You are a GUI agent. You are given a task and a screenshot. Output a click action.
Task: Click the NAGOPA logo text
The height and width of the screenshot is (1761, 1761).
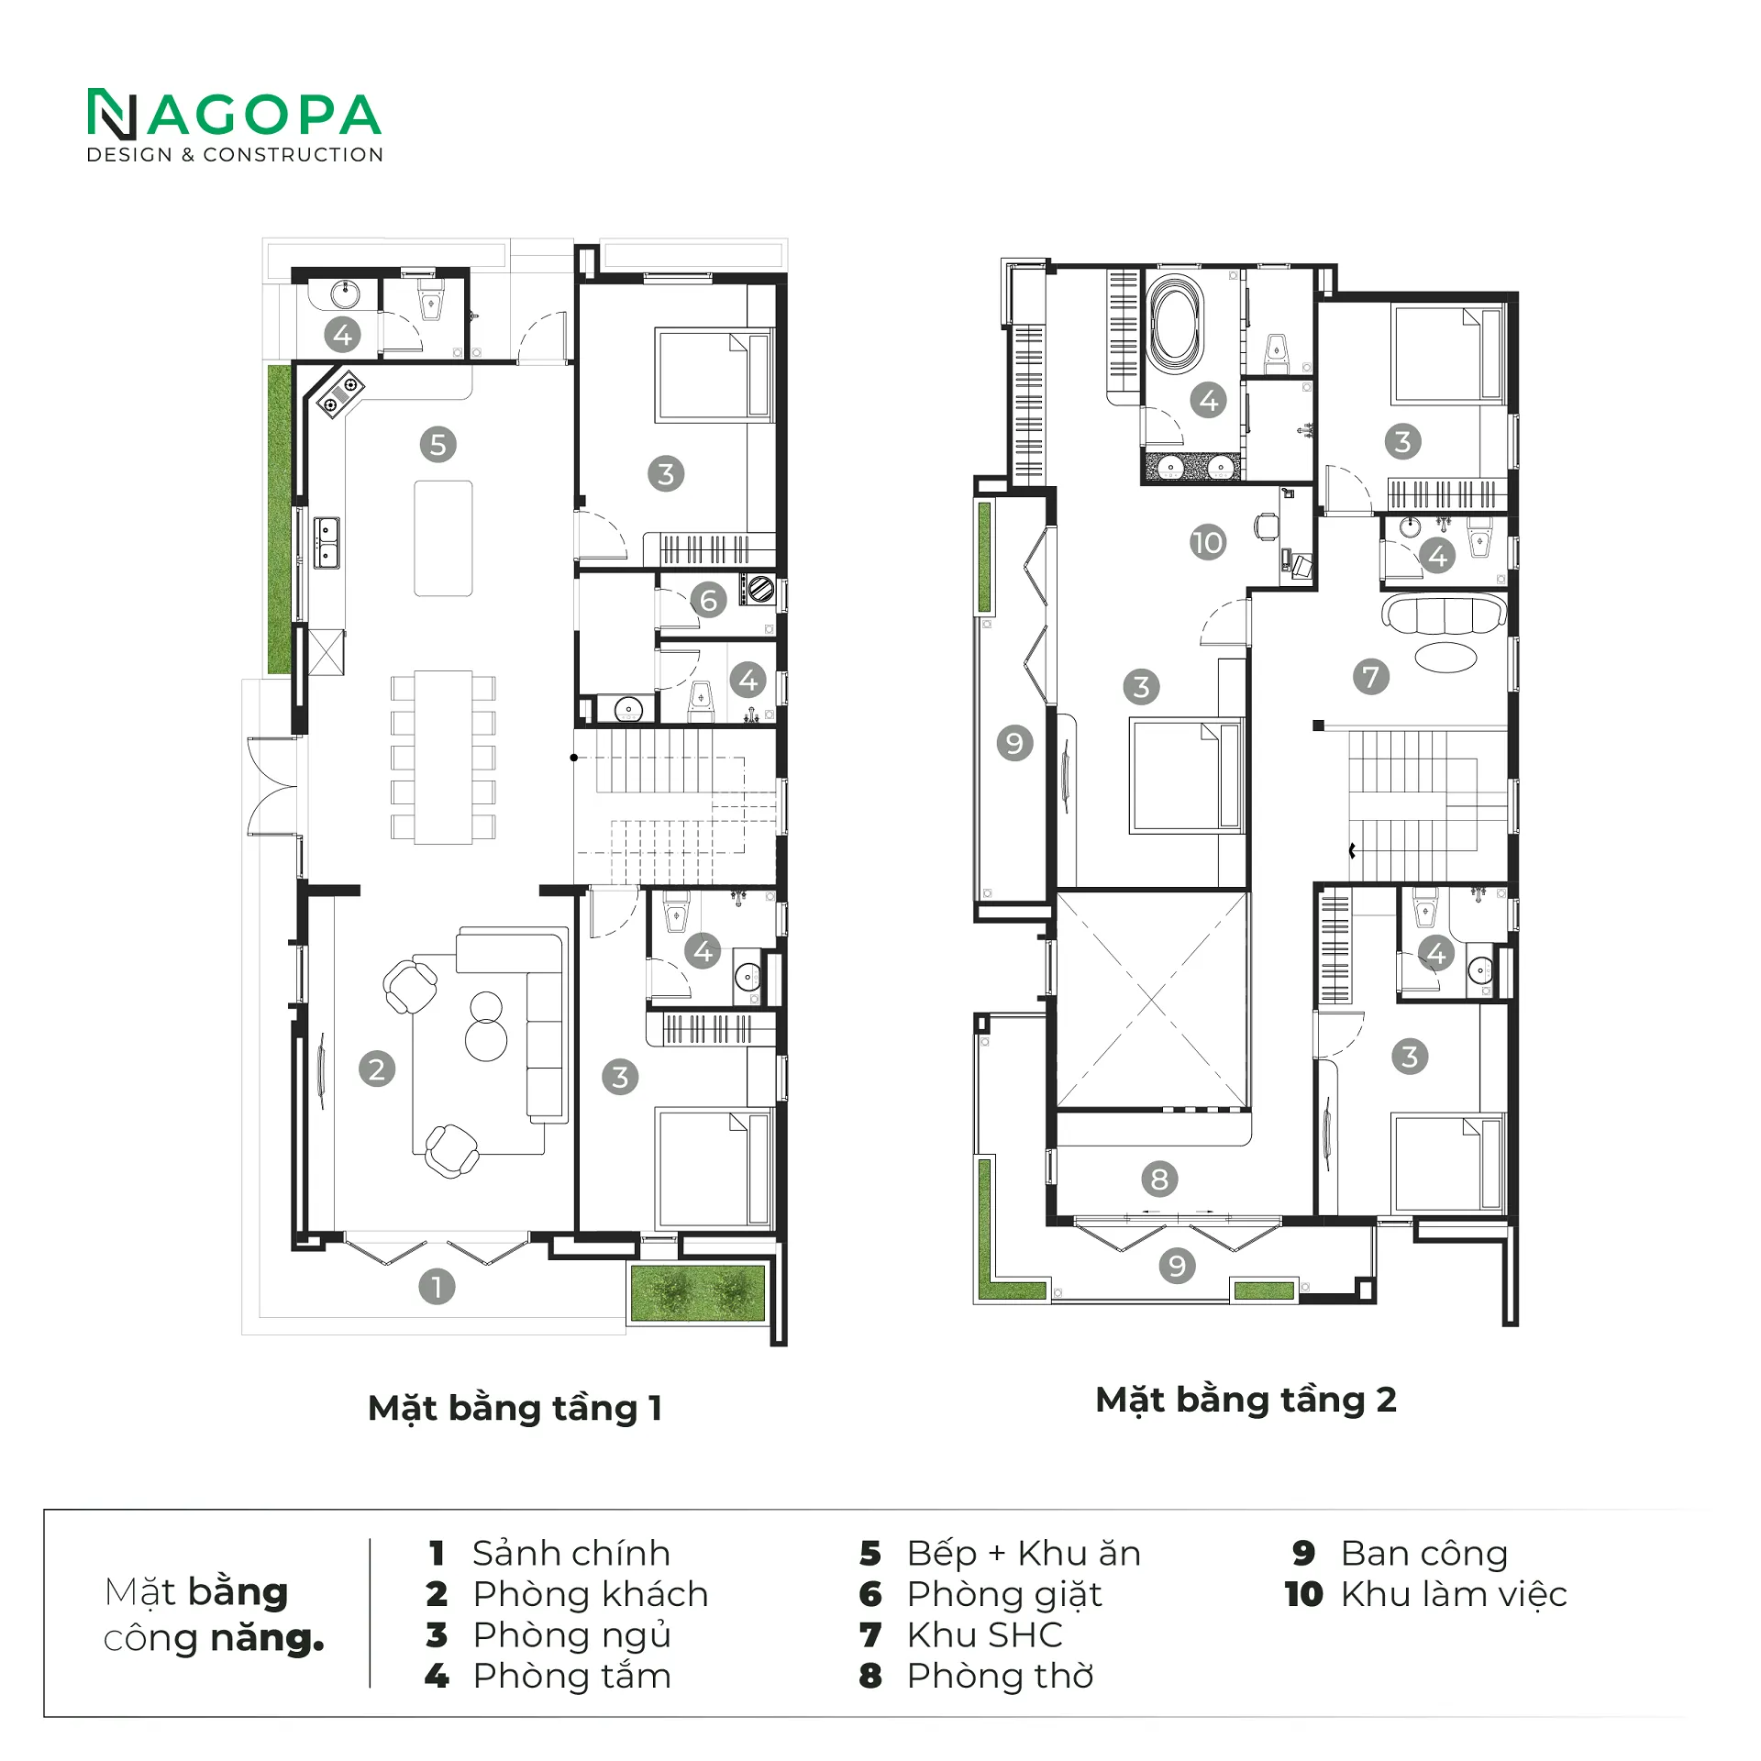[235, 115]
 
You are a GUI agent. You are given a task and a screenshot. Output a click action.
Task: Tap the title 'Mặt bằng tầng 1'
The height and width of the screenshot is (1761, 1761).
[515, 1408]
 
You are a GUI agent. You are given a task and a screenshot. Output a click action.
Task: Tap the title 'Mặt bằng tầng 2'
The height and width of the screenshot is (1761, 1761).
[1246, 1400]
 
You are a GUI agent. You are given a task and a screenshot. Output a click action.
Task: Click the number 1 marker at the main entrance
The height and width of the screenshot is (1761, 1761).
[437, 1286]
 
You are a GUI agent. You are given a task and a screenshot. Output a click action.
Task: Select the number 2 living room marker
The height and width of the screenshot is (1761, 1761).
[377, 1069]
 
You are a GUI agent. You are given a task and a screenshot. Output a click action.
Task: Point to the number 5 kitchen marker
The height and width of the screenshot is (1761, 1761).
[438, 444]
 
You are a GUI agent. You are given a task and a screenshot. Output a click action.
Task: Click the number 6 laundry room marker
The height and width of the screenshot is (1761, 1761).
[708, 600]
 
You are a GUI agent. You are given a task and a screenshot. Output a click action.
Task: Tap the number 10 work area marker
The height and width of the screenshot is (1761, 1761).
[1208, 542]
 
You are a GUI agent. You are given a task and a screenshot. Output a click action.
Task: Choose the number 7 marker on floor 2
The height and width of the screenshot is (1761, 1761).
[1371, 677]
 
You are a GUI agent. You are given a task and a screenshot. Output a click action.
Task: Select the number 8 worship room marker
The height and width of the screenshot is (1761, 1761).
[1159, 1180]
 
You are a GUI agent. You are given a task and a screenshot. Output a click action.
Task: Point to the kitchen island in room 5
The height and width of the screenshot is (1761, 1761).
[443, 538]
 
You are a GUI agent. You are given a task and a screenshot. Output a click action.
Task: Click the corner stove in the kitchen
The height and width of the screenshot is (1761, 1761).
[339, 393]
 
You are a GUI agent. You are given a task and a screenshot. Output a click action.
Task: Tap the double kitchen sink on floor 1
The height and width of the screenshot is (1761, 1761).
[327, 543]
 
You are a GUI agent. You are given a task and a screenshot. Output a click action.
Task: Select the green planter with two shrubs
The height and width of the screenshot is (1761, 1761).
[698, 1293]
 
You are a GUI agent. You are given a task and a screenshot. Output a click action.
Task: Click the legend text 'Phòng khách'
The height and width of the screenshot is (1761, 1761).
[591, 1594]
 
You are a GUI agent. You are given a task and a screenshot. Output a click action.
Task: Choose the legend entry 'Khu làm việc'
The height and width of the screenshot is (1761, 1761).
[1454, 1594]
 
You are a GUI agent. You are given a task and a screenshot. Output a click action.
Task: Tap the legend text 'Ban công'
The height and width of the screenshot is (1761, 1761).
[1424, 1554]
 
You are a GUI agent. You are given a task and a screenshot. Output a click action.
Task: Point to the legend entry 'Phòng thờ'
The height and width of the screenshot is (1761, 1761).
[1000, 1676]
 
